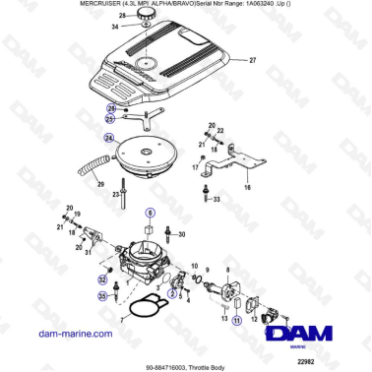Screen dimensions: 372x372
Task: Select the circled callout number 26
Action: tap(112, 108)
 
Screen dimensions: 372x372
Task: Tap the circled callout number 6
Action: tap(151, 212)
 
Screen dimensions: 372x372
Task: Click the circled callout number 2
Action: tap(172, 292)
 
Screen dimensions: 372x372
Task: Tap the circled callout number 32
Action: tap(102, 279)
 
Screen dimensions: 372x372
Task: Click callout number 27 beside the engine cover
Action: tap(251, 61)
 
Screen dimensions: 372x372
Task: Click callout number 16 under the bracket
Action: tap(247, 185)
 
